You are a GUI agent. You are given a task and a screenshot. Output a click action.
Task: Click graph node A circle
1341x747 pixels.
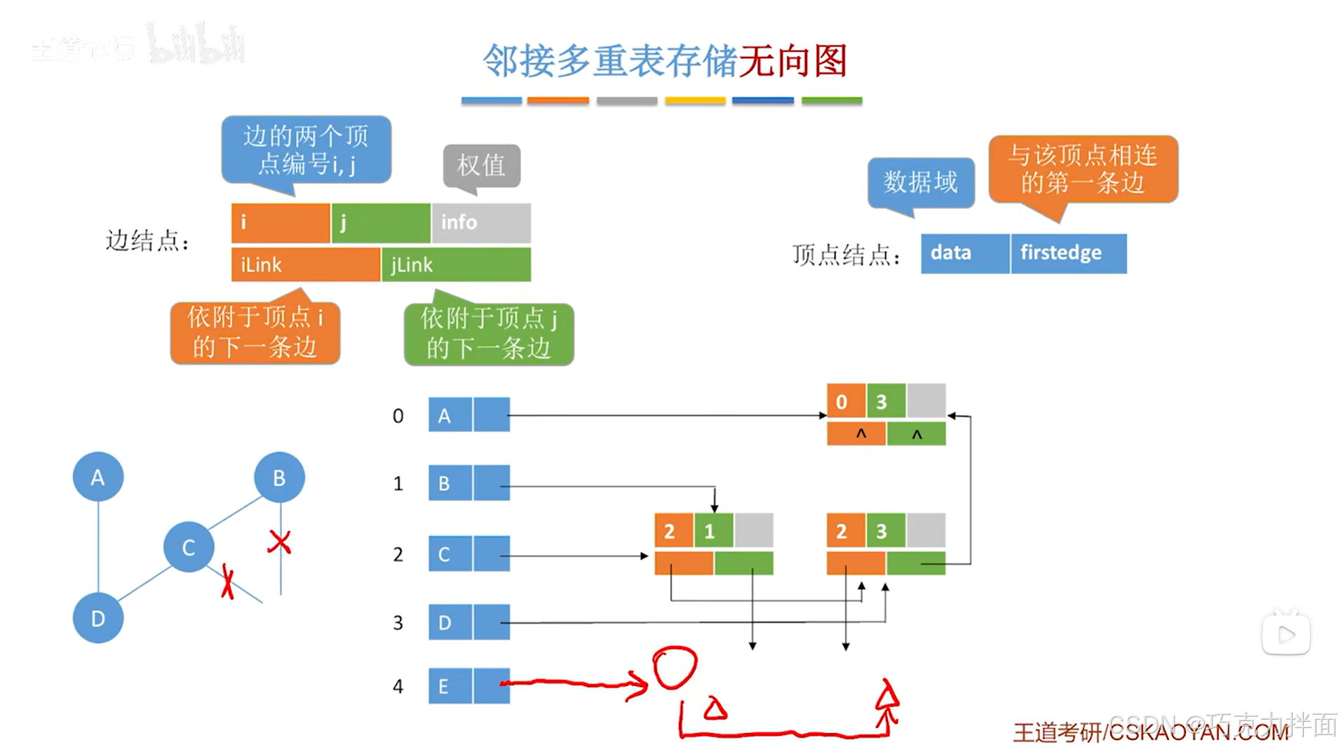tap(98, 477)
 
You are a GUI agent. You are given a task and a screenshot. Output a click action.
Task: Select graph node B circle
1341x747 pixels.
tap(279, 477)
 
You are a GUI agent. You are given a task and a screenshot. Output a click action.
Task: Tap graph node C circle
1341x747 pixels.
tap(189, 547)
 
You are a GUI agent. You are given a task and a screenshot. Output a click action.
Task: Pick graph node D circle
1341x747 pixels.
tap(98, 618)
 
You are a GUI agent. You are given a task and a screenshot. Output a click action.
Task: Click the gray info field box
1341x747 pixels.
tap(481, 222)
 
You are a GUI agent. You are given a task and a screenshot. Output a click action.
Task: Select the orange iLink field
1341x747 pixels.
tap(305, 264)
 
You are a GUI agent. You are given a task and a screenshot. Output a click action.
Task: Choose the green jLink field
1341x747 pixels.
tap(456, 264)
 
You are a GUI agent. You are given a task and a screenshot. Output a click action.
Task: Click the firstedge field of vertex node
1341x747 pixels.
tap(1068, 253)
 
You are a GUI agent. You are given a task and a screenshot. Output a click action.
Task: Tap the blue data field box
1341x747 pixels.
tap(964, 253)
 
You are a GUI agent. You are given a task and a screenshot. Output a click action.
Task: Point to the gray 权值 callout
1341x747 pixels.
tap(481, 166)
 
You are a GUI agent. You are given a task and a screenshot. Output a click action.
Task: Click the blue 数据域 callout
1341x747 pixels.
tap(920, 182)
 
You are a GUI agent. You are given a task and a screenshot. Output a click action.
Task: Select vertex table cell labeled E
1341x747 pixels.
tap(450, 686)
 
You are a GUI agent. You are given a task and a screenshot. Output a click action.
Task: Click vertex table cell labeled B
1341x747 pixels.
tap(450, 483)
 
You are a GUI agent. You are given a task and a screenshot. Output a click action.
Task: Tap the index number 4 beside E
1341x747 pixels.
tap(398, 686)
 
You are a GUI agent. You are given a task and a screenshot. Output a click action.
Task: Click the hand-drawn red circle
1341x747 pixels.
tap(675, 667)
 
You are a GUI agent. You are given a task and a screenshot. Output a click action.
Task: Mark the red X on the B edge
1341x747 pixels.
tap(279, 541)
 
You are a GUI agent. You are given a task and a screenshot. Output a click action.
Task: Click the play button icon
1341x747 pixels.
tap(1286, 635)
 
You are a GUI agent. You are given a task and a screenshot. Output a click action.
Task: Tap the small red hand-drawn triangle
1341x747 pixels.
tap(715, 710)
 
